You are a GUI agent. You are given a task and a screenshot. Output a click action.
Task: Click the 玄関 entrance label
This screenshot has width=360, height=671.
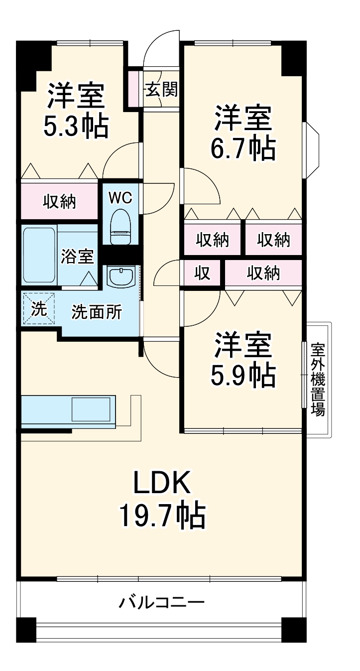coord(161,90)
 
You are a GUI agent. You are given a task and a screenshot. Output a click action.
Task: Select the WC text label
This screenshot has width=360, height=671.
coord(120,198)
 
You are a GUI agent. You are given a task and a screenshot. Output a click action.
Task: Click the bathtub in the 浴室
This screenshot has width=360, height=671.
coord(39,256)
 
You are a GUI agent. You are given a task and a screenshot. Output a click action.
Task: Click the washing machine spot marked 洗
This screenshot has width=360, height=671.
coord(39,309)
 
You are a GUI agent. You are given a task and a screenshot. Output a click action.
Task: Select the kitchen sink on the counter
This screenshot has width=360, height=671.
coord(90,410)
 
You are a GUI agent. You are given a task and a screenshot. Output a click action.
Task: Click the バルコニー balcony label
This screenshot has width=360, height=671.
coord(161,603)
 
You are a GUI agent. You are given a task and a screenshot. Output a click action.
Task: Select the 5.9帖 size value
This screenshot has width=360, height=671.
coord(243,376)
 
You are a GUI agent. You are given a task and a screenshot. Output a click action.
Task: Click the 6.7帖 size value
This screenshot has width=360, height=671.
coord(243,147)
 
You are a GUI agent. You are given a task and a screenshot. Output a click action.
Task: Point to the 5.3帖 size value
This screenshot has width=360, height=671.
coord(76,127)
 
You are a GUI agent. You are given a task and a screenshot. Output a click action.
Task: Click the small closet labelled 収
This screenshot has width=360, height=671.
coord(202,272)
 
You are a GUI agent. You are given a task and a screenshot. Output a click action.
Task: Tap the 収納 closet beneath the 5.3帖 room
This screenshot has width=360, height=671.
coord(59,201)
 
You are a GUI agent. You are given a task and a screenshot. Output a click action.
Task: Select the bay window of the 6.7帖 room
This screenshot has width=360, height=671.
coord(311,149)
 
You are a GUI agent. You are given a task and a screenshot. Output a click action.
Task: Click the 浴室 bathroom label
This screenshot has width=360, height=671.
coord(77,257)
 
